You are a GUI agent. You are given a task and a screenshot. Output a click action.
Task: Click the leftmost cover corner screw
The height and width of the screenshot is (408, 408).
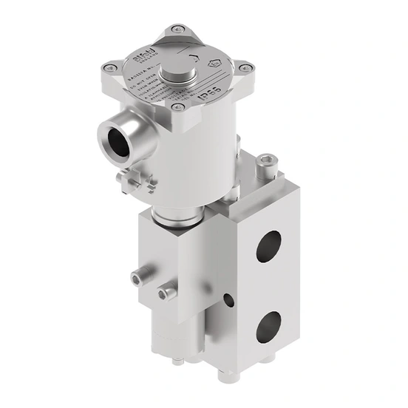click(109, 70)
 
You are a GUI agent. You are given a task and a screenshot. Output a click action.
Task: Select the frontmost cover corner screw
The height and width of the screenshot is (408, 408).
click(179, 112)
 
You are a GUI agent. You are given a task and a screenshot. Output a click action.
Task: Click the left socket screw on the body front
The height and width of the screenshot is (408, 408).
click(136, 278)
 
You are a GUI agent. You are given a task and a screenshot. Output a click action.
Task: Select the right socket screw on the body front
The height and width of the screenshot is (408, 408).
click(170, 293)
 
